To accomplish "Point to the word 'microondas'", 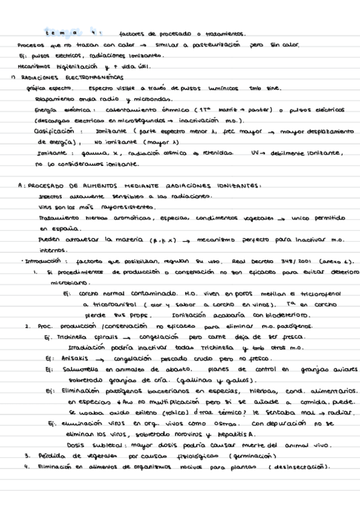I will point(153,99).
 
